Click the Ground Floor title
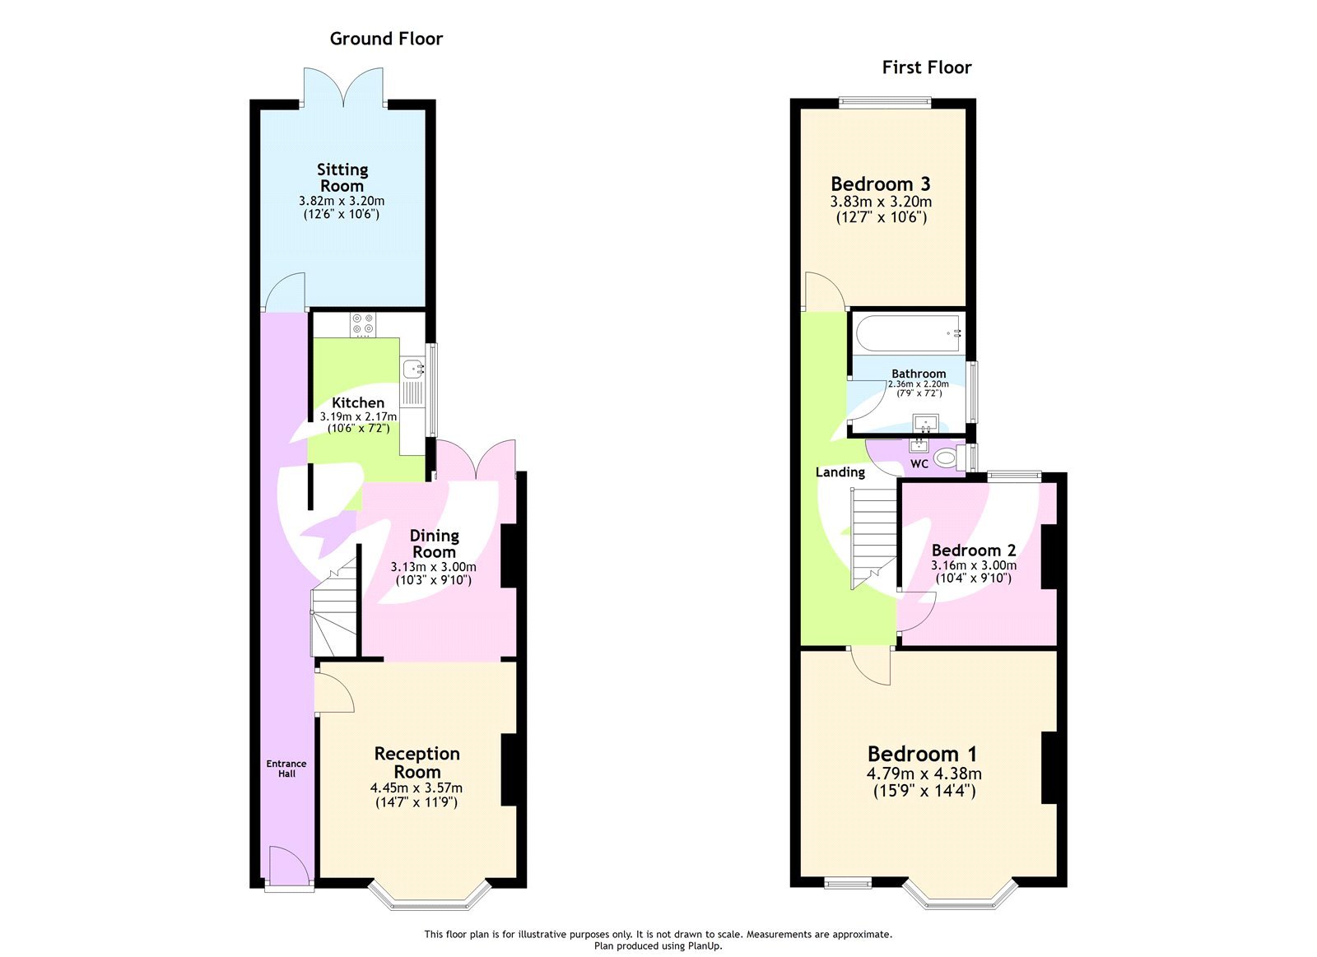(x=386, y=39)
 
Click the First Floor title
(x=926, y=67)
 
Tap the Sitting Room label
(x=342, y=177)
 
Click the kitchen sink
(x=413, y=369)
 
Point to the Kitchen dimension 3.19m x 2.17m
(x=358, y=417)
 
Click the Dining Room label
(x=434, y=544)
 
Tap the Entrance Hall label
(x=286, y=769)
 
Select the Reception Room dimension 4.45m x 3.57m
(x=417, y=788)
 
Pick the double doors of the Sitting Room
(x=343, y=87)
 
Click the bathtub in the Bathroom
(x=908, y=333)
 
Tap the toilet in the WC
(x=947, y=458)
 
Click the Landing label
(x=840, y=472)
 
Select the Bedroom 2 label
(x=974, y=550)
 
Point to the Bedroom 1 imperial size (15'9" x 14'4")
(x=924, y=791)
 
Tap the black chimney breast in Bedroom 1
(x=1049, y=767)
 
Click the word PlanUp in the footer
(x=705, y=946)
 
